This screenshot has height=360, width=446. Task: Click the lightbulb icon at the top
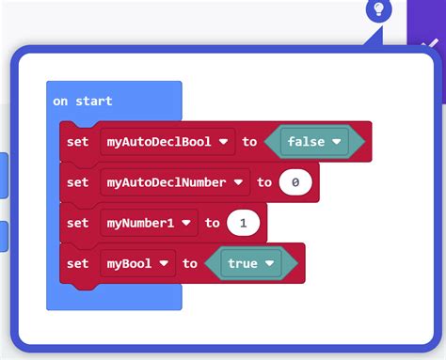tap(379, 10)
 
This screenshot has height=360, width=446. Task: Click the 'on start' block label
tap(83, 102)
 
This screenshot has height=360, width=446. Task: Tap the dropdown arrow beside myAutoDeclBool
tap(224, 142)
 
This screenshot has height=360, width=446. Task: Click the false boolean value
tap(306, 142)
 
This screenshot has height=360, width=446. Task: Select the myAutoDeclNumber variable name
tap(167, 182)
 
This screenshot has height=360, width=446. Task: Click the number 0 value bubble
tap(295, 182)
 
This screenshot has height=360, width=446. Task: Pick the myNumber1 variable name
tap(140, 223)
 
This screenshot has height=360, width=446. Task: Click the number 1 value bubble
tap(243, 223)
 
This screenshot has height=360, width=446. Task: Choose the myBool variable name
tap(129, 263)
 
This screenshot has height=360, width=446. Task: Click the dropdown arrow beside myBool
tap(164, 263)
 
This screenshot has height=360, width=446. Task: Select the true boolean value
tap(242, 263)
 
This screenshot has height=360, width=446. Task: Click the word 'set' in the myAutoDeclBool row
tap(78, 142)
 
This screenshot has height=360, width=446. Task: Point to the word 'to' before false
tap(249, 142)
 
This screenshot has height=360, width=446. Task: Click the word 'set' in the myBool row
tap(78, 263)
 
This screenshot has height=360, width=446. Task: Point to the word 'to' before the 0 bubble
tap(264, 182)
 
